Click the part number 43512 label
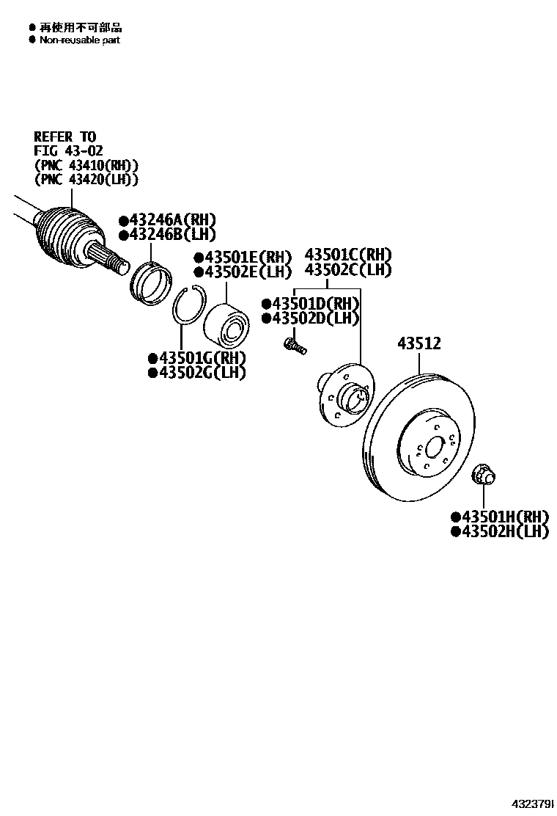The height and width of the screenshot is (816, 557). [x=419, y=343]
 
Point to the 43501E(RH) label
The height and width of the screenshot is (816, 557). [x=243, y=257]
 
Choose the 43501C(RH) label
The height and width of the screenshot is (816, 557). [x=348, y=255]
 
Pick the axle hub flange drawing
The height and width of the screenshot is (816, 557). [x=345, y=397]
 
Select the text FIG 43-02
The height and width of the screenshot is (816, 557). [x=69, y=151]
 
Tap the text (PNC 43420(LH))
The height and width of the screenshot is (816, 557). [x=86, y=179]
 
